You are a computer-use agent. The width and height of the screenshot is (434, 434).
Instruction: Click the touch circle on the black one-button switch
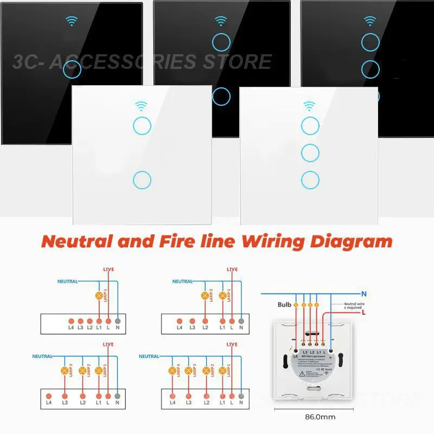click(x=72, y=69)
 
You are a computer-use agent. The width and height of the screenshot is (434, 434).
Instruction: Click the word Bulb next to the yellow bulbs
click(x=285, y=305)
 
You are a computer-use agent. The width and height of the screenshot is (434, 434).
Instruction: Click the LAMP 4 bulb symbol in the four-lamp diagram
click(x=173, y=371)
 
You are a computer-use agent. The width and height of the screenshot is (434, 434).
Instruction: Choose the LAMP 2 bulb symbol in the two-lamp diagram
click(x=206, y=296)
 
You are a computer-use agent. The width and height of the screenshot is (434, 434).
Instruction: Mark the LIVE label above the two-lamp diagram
click(x=232, y=269)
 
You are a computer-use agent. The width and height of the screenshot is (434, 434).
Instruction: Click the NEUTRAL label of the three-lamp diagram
click(x=42, y=356)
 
